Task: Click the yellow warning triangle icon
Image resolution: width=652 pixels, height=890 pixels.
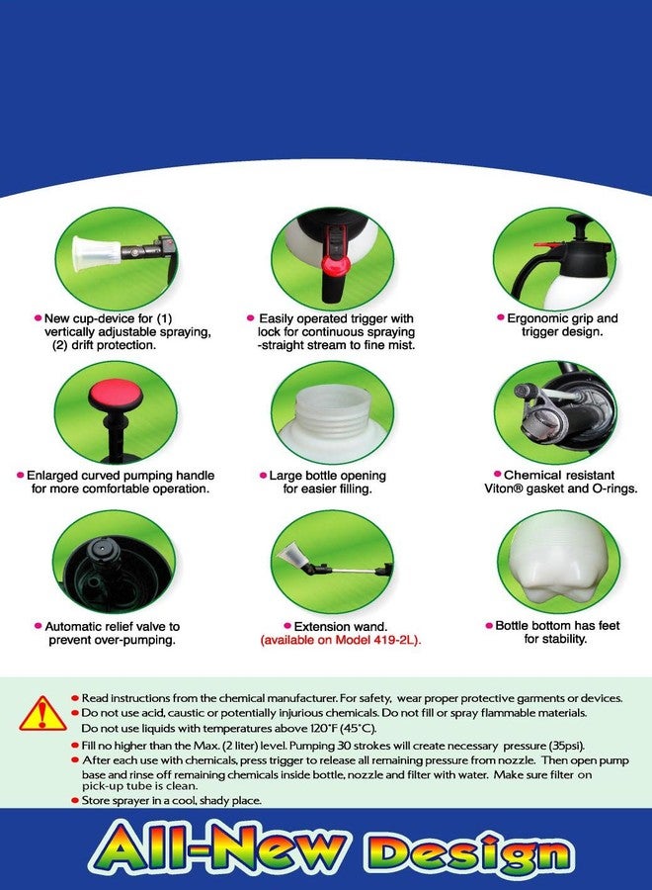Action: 43,713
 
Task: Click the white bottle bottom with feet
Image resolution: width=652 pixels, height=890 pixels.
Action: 555,566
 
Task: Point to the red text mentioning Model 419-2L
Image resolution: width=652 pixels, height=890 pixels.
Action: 340,640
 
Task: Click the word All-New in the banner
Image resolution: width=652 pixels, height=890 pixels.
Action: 217,849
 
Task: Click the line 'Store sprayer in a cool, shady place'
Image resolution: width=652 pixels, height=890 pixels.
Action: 171,800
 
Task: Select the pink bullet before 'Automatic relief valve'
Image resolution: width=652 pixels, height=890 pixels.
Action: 38,626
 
